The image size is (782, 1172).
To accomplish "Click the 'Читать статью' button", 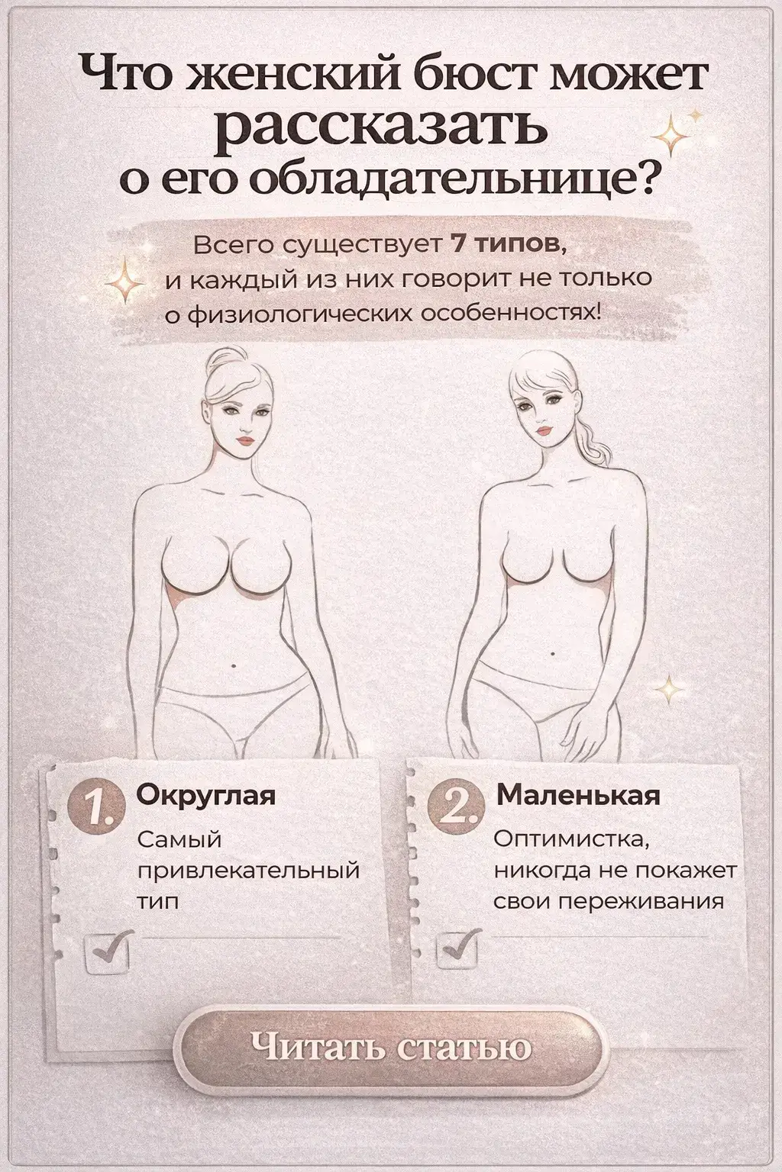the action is coord(391,1046).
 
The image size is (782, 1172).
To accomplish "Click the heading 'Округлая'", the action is coord(205,795).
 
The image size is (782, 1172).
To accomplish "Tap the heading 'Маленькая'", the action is coord(578,795).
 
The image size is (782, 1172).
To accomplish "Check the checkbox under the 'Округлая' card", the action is coord(108,951).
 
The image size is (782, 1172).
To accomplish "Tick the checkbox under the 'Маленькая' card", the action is coord(457,949).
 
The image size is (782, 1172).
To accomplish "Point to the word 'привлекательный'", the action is coord(248,871).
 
